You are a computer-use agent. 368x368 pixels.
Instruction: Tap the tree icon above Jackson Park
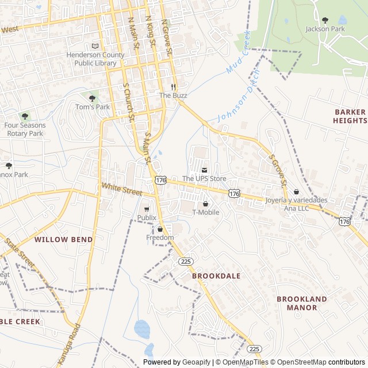click(x=325, y=20)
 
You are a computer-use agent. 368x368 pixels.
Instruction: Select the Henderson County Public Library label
click(x=95, y=59)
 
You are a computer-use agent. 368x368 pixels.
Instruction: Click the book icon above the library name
click(x=95, y=46)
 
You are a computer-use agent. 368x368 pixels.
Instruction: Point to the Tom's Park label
click(x=93, y=107)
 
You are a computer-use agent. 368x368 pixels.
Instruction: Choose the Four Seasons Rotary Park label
click(x=24, y=129)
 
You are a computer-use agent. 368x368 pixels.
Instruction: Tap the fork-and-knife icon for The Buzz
click(x=173, y=87)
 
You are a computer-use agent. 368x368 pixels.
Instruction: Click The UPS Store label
click(x=204, y=179)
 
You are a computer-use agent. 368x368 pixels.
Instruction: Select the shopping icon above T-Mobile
click(x=205, y=204)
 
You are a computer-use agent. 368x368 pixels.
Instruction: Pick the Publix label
click(x=147, y=218)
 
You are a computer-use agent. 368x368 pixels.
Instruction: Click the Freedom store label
click(x=160, y=237)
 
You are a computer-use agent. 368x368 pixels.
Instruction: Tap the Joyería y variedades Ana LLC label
click(x=296, y=204)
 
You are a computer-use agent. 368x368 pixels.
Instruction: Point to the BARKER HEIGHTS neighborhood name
click(x=350, y=116)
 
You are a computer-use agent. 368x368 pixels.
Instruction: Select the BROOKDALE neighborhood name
click(x=216, y=276)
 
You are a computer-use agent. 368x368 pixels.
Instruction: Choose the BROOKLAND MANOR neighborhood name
click(x=302, y=303)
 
